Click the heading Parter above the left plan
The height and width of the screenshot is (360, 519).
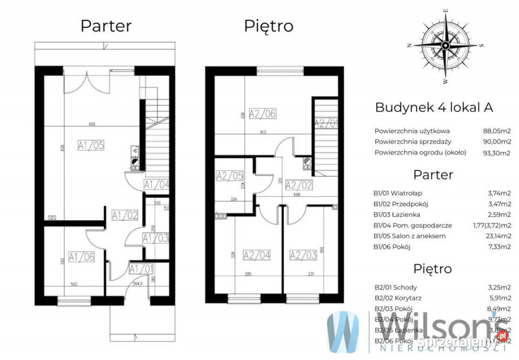coord(106,25)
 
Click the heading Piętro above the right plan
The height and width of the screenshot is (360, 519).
coord(269,25)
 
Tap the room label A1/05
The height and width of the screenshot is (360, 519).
coord(90,144)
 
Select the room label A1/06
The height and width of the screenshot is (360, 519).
coord(82,257)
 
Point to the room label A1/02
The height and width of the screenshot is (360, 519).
coord(124,215)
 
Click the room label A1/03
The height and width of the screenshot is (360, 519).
coord(156,238)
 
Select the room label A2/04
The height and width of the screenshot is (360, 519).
coord(257,255)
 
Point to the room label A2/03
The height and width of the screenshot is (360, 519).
coord(303,255)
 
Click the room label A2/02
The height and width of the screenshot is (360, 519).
coord(299,185)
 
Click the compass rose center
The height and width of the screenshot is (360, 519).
coord(445,45)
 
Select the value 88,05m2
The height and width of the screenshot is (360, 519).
coord(496,131)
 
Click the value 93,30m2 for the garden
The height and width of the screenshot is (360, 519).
coord(496,152)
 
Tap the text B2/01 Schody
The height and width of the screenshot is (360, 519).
coord(395,287)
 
